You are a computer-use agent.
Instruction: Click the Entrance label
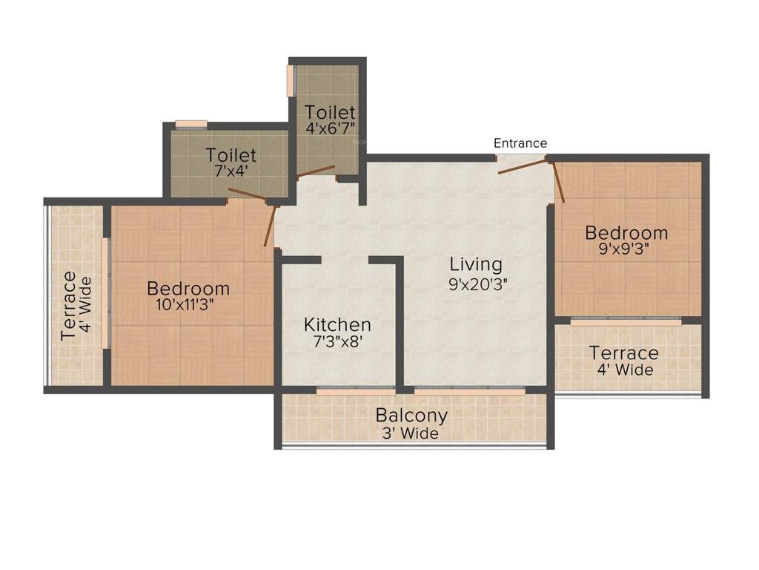click(520, 142)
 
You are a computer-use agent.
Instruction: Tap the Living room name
click(475, 264)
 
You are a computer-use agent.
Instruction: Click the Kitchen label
click(337, 325)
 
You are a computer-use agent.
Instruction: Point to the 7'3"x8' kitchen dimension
click(337, 342)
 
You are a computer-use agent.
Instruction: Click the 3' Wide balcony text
click(411, 433)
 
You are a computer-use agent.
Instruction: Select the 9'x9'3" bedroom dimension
click(626, 250)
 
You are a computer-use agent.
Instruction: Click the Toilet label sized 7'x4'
click(231, 155)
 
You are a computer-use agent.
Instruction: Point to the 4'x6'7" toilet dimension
click(331, 128)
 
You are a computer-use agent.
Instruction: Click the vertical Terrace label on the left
click(68, 305)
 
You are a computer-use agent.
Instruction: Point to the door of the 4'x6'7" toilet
click(316, 171)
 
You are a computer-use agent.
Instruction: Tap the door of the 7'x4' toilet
click(248, 194)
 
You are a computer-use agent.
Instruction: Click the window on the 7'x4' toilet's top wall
click(191, 124)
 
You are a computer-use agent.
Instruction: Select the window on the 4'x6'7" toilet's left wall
click(291, 80)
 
